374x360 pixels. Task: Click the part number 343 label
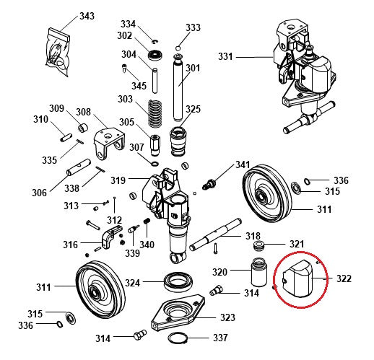87,17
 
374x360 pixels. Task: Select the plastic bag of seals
58,52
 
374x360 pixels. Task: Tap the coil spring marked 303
155,113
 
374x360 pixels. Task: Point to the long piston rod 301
178,88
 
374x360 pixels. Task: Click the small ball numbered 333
178,48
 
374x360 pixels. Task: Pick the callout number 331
225,57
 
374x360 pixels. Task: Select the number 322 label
344,278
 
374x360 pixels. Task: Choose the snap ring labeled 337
178,338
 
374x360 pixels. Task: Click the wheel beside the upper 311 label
267,194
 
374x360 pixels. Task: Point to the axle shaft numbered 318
216,234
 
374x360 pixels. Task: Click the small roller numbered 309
82,128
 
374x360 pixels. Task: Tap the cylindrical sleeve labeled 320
258,272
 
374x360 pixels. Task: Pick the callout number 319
118,180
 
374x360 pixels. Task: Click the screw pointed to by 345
124,69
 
